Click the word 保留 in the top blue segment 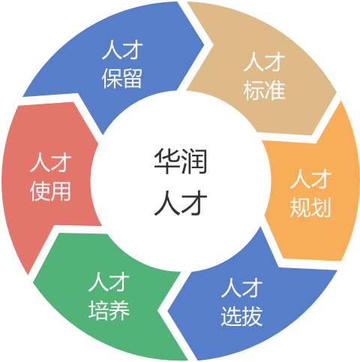(122, 78)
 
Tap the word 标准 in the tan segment (264, 90)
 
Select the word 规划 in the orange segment (310, 207)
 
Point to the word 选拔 (241, 316)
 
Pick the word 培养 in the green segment (109, 310)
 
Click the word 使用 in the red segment (50, 192)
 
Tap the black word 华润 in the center (181, 161)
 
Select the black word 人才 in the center (181, 202)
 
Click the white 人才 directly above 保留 (122, 50)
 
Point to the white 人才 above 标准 (264, 62)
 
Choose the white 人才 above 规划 (310, 178)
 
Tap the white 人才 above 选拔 (241, 288)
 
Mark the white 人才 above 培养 (109, 282)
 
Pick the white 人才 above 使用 (50, 163)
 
